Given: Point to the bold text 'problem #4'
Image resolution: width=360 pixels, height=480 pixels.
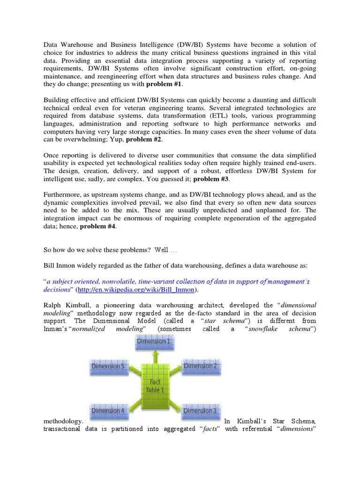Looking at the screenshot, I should [x=97, y=226].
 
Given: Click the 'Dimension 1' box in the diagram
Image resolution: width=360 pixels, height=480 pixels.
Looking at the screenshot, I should [x=153, y=342].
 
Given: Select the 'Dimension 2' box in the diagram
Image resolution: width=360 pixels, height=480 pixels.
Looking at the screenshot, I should [x=200, y=366].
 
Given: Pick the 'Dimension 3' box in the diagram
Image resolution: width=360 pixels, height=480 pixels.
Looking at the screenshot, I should [x=200, y=411].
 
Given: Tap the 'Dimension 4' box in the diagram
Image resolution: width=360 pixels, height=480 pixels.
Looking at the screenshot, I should [x=107, y=411].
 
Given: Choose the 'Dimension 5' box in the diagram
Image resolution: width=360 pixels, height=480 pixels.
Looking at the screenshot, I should [x=107, y=366].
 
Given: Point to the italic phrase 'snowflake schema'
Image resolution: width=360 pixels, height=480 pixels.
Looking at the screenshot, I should [x=282, y=330].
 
